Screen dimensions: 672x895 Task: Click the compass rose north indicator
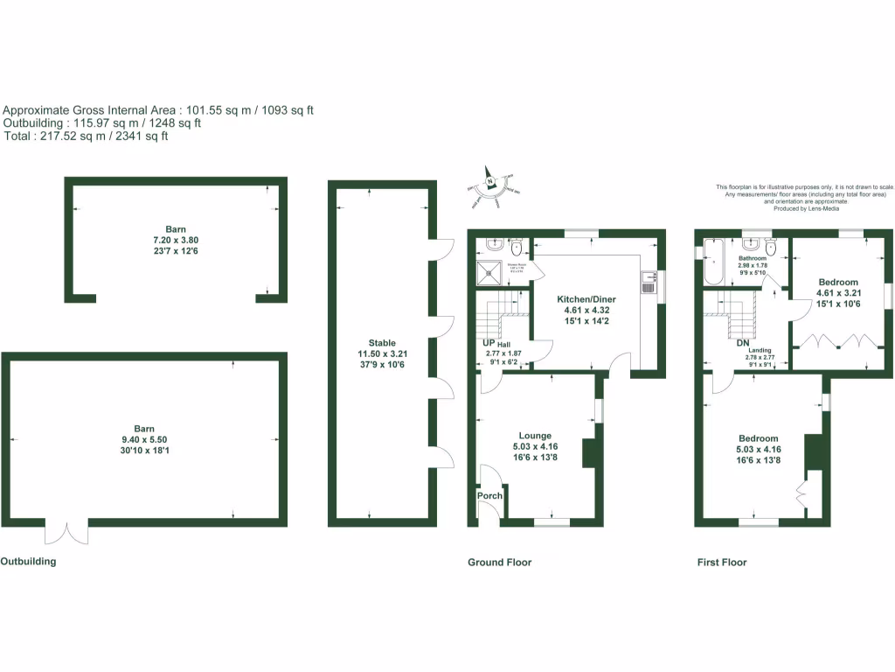[491, 182]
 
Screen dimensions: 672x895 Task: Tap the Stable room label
[382, 343]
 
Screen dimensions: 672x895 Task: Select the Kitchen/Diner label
[586, 298]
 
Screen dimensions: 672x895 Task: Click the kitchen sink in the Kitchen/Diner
[649, 281]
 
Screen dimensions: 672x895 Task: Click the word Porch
[489, 496]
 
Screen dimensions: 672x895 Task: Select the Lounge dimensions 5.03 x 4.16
[535, 446]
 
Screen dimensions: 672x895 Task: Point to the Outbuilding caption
[28, 561]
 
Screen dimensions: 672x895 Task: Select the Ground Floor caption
[499, 563]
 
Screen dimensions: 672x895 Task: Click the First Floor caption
[722, 563]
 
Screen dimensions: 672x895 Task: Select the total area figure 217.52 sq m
[73, 136]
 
